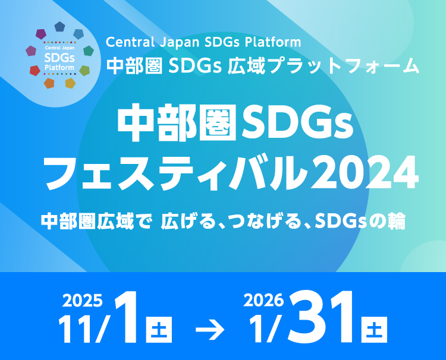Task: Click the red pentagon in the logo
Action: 34,71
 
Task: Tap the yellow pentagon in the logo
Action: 70,83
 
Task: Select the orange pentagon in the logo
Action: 49,83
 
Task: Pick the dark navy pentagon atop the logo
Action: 59,27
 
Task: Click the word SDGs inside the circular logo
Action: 59,58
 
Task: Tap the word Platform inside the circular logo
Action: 59,67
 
